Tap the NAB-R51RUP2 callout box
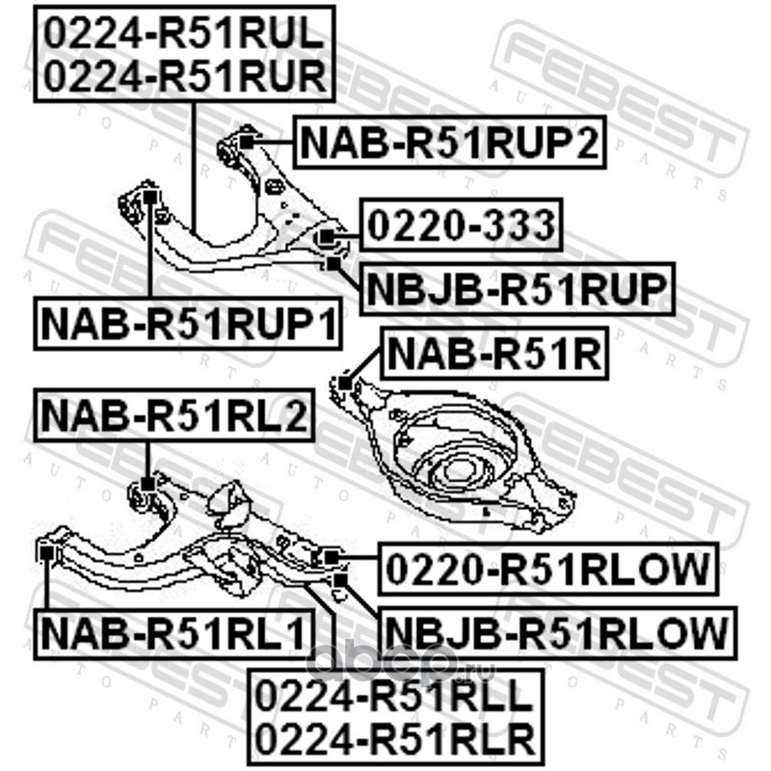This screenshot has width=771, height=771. tap(448, 144)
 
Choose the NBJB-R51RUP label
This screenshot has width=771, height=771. tap(517, 288)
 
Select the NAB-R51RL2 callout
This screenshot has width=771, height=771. tap(173, 416)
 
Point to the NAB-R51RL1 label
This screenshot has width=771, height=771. tap(173, 633)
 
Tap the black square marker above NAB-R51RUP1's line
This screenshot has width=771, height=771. tap(150, 197)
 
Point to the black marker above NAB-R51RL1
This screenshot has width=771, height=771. tap(45, 552)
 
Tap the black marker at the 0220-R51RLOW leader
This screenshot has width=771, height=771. tap(330, 555)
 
